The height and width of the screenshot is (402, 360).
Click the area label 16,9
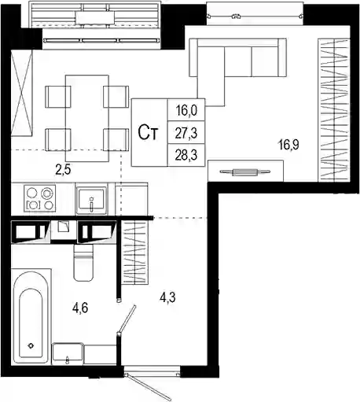point(289,145)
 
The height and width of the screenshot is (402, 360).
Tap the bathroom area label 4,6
point(80,308)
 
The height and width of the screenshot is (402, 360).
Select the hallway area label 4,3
point(168,297)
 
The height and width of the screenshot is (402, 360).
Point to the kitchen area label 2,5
point(63,170)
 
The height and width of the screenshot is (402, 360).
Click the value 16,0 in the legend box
point(186,110)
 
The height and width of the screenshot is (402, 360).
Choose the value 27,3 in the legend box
point(186,133)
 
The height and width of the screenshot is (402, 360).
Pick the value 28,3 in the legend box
point(186,156)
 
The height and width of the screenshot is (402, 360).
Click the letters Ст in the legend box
point(149,133)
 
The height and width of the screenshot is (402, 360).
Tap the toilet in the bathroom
point(83,263)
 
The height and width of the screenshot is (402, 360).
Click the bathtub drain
point(31,345)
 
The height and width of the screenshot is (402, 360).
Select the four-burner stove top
point(40,198)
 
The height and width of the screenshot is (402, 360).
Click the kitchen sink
point(91,199)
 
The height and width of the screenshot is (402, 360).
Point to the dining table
point(87,118)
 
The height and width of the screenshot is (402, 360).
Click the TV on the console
point(245,172)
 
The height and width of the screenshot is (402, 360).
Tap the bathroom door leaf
point(127,319)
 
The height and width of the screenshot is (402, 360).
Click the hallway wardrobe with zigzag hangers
point(135,252)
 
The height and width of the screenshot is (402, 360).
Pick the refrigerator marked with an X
point(21,93)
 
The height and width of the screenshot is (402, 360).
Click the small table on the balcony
point(95,18)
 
